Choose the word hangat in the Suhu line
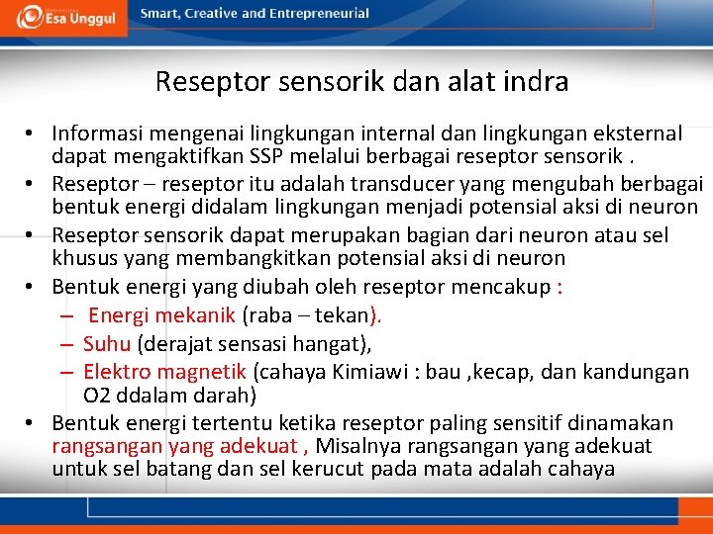[332, 344]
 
